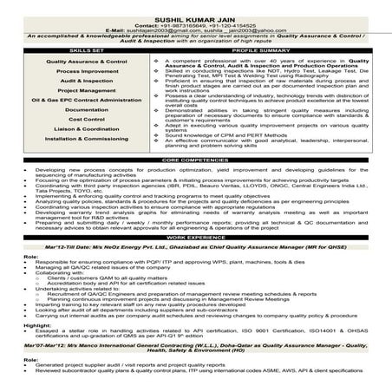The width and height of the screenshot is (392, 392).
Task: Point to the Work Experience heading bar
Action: click(x=196, y=260)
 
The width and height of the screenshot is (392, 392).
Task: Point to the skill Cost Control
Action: click(x=87, y=147)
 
